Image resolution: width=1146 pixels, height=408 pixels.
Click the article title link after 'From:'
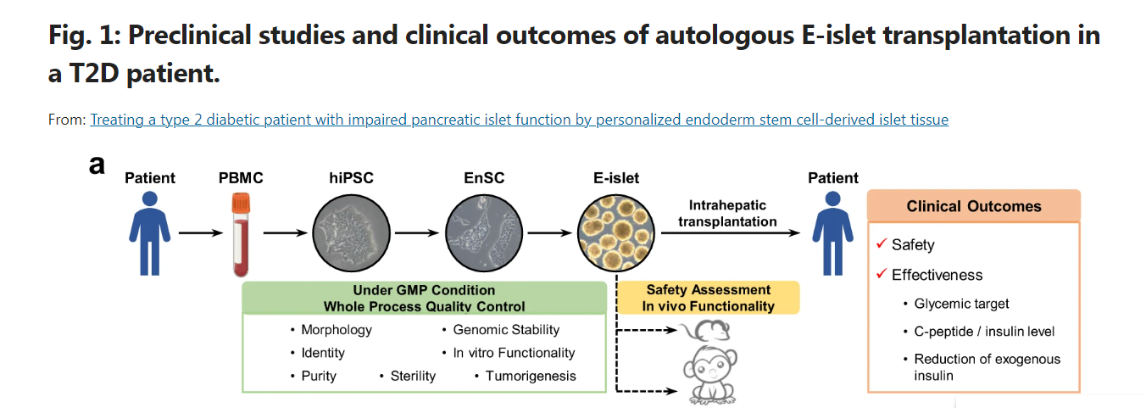[x=519, y=120]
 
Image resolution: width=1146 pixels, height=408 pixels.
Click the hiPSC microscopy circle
[x=351, y=232]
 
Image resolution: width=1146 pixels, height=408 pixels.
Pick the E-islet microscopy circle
[x=616, y=232]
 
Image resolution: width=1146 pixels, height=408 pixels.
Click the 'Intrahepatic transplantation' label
[x=727, y=213]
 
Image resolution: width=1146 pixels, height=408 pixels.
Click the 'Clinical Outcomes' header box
[x=974, y=206]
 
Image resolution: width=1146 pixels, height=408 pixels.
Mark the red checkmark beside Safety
[x=882, y=244]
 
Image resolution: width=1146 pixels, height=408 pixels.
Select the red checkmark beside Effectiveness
[x=882, y=275]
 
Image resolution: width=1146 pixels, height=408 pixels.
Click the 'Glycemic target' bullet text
[x=961, y=304]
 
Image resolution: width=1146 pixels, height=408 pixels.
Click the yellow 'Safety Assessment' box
[x=708, y=298]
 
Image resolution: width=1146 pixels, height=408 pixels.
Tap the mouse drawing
[x=705, y=332]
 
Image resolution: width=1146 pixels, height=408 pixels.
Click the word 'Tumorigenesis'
[x=531, y=376]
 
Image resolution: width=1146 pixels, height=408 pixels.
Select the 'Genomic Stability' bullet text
[x=506, y=330]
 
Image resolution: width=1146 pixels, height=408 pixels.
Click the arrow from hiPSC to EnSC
[x=417, y=232]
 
